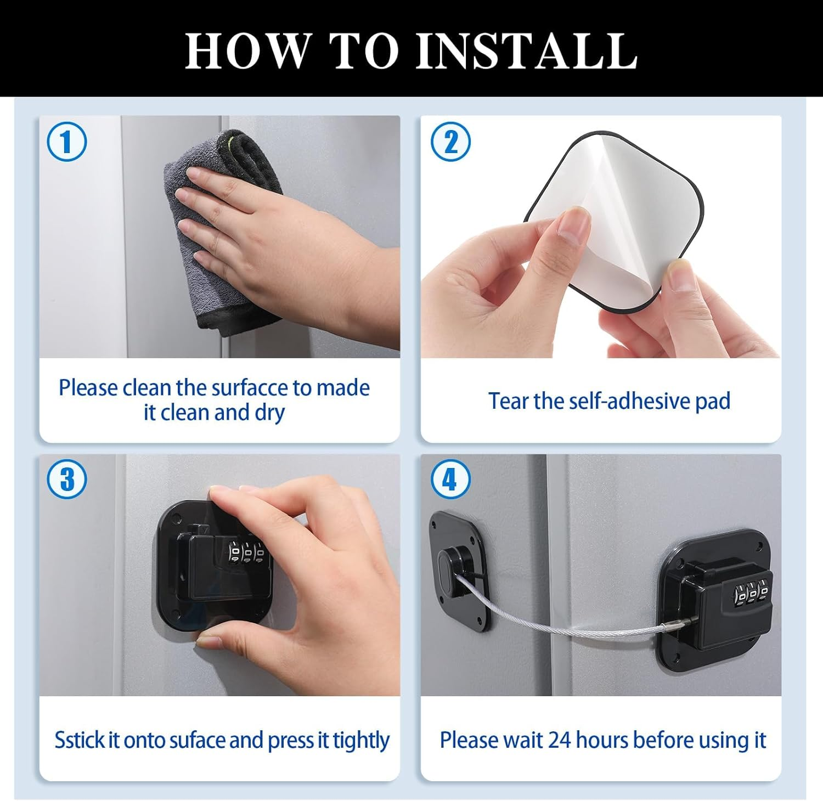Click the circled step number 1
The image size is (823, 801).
pos(67,142)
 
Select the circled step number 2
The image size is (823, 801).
pos(450,142)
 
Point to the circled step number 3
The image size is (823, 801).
pos(67,478)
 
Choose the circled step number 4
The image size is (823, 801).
pos(450,478)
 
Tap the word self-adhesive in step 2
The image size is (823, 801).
pos(630,401)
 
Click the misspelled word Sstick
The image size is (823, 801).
pos(79,740)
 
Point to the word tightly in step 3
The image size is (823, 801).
pos(361,741)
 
